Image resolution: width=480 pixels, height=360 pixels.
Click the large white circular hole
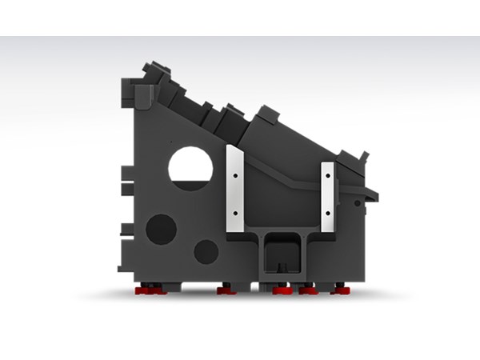(190, 166)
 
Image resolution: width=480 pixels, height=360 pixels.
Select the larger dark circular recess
(162, 228)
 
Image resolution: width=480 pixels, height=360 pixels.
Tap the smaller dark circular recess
(206, 251)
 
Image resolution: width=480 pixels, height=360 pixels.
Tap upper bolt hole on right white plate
(328, 172)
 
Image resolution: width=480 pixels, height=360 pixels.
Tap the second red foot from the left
(226, 290)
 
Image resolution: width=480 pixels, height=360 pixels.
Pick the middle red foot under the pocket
(281, 290)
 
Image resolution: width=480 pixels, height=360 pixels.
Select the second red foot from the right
(308, 290)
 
